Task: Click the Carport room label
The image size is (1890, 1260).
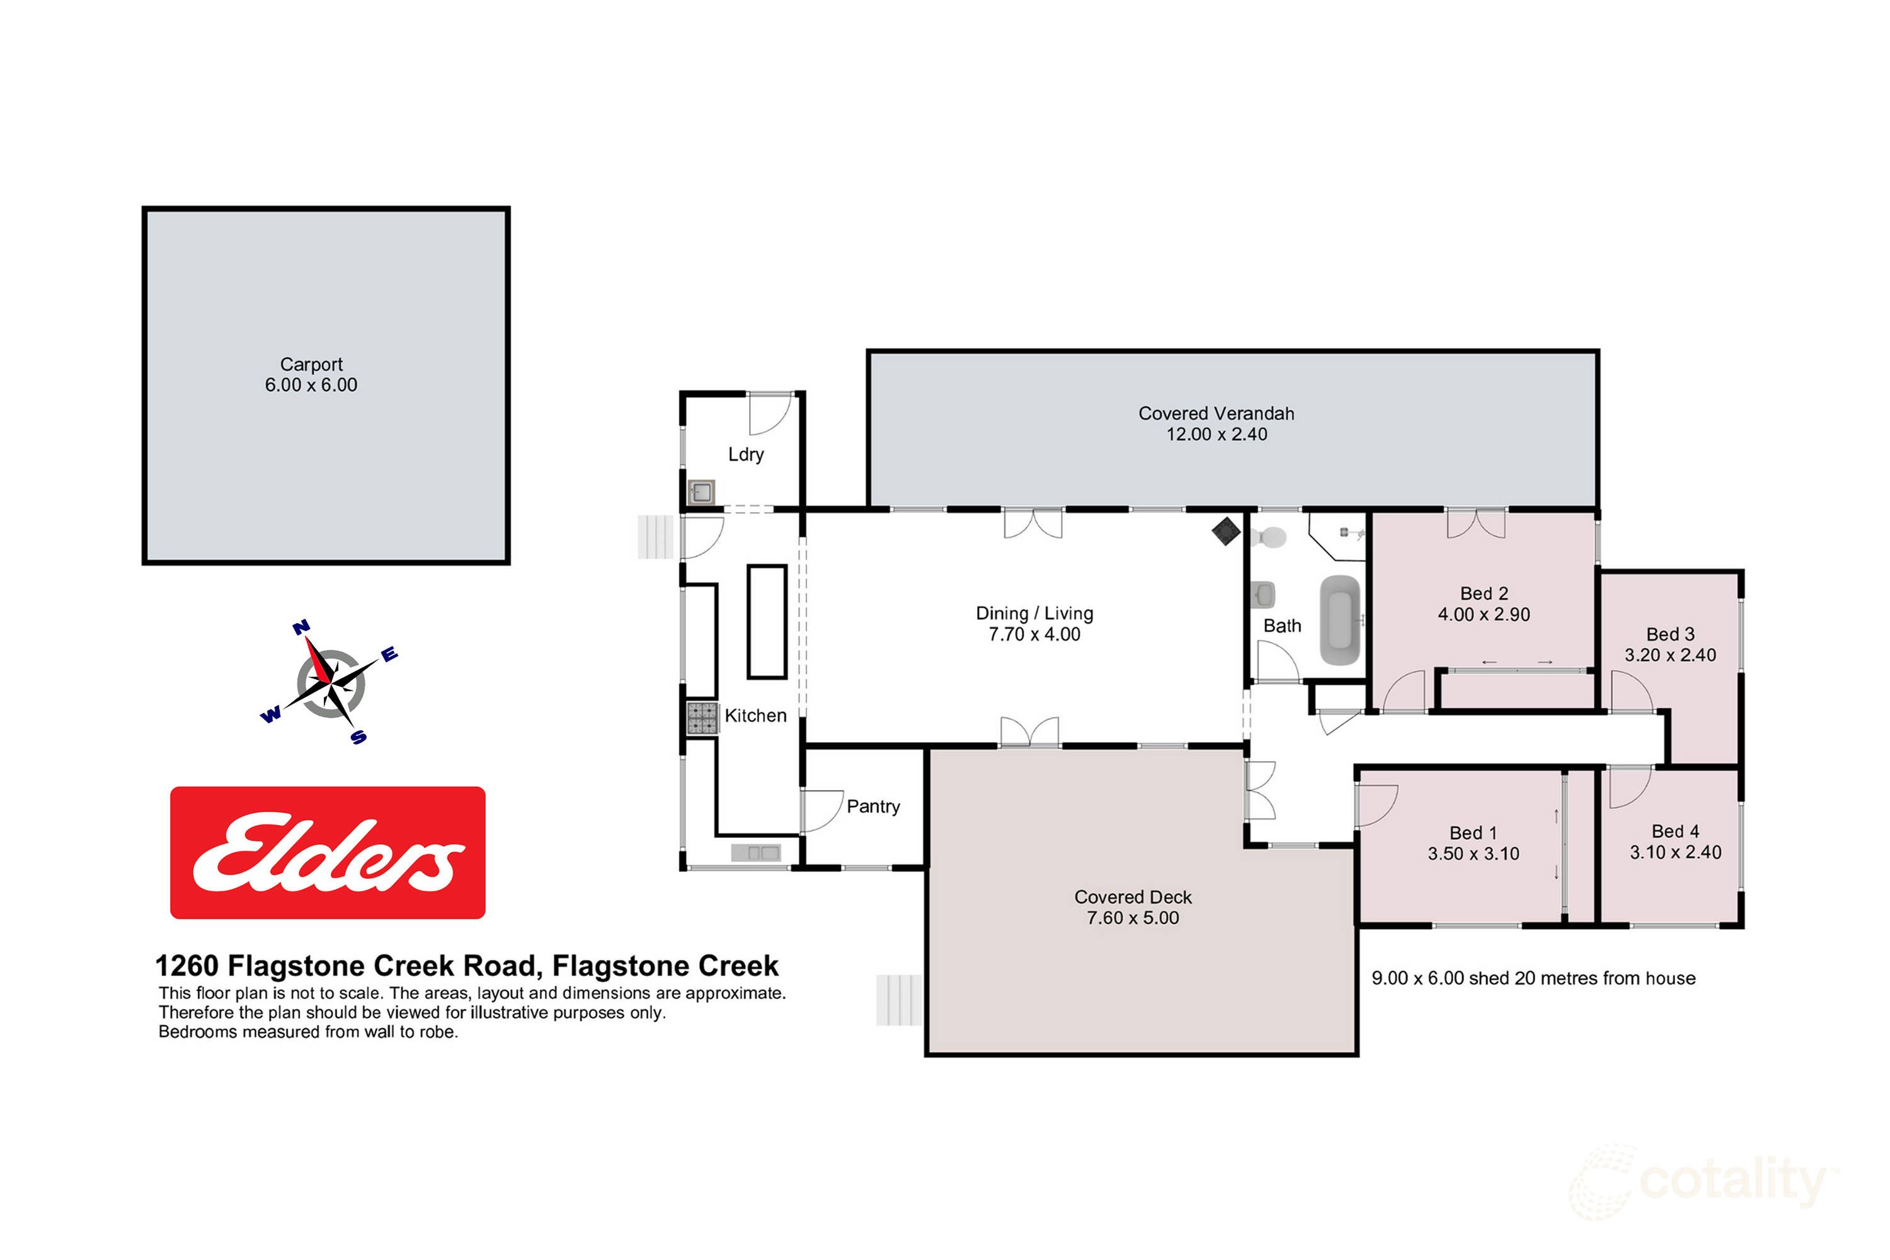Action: point(311,365)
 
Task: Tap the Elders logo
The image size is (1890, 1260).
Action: point(327,852)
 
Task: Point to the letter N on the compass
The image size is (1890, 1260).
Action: point(301,627)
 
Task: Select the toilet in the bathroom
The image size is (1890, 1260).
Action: point(1269,536)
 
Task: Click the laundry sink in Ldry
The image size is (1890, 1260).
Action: point(702,491)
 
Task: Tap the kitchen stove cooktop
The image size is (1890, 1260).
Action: point(702,718)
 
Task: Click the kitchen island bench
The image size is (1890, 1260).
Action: point(767,621)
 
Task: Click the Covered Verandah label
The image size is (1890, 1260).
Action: point(1216,414)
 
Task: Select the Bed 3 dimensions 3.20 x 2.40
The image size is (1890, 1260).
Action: point(1670,656)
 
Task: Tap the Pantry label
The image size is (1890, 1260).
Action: point(873,807)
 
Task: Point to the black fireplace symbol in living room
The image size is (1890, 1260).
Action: point(1225,531)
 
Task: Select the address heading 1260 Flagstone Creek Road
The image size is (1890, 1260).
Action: point(466,966)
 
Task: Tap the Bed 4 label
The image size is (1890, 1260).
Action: point(1675,832)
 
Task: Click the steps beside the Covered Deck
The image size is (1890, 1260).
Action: point(898,1000)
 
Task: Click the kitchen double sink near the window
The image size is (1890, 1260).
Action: point(755,852)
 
